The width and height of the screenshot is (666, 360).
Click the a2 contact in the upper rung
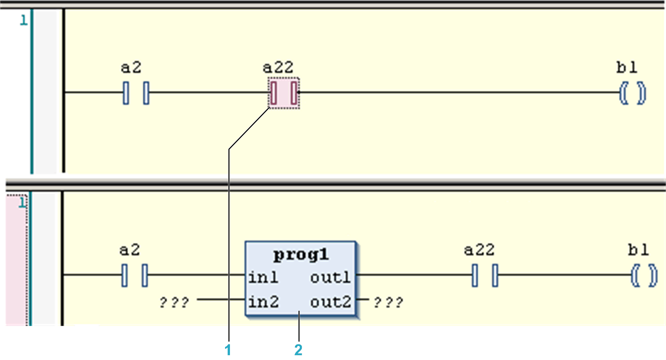[136, 93]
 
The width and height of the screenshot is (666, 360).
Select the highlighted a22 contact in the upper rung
[284, 93]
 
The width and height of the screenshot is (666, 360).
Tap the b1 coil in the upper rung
[633, 93]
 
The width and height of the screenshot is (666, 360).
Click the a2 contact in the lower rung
[135, 275]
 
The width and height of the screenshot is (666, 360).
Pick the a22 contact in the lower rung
[485, 275]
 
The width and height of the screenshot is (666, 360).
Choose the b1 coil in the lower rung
[644, 276]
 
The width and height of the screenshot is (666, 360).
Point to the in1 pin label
[263, 278]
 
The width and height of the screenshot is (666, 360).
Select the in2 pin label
[263, 302]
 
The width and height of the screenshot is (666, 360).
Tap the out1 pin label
[330, 278]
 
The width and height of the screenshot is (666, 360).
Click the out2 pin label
[330, 302]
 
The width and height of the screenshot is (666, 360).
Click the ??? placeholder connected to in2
[174, 303]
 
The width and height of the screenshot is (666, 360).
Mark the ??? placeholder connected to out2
[388, 303]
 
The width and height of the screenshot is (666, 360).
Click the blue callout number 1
[228, 350]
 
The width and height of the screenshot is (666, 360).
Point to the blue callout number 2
[298, 350]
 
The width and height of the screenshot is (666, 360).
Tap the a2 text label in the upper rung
[131, 68]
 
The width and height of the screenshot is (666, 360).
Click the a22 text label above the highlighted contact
[278, 68]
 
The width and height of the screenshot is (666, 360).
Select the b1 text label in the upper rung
[626, 68]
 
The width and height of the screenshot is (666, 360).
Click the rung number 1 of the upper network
[24, 21]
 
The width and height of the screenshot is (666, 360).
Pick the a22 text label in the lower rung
[479, 250]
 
